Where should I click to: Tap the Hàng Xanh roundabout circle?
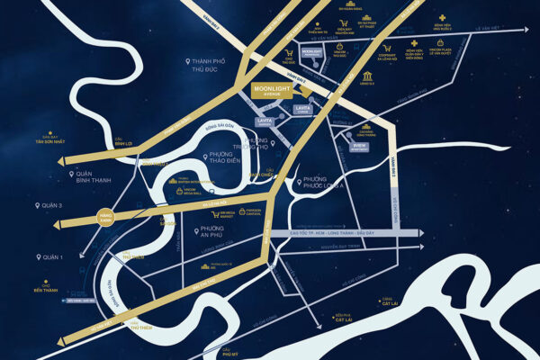(107, 217)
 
